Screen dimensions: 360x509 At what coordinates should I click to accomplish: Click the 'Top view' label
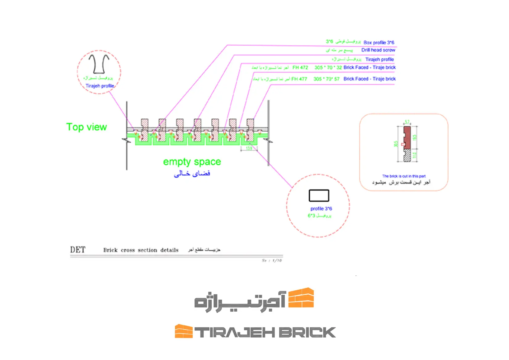86,127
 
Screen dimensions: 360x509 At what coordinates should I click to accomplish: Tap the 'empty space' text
192,162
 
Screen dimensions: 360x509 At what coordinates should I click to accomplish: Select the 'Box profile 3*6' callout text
379,43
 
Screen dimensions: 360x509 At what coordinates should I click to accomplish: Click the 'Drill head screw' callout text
378,50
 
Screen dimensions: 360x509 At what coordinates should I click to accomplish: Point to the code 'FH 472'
300,67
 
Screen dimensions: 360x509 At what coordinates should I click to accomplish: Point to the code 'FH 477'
299,79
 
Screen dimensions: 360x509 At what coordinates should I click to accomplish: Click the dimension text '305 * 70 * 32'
328,67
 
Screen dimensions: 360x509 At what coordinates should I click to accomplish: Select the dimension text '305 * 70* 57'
326,79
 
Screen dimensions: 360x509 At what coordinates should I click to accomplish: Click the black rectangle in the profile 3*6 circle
319,196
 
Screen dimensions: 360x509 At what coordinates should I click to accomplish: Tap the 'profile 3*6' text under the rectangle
321,209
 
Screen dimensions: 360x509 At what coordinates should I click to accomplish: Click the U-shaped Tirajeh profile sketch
99,64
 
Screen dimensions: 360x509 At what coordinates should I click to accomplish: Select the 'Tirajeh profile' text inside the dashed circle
100,86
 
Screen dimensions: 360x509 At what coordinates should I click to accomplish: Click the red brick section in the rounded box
407,137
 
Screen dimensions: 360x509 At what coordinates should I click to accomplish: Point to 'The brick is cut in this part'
404,176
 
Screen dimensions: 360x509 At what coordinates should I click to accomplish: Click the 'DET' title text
78,250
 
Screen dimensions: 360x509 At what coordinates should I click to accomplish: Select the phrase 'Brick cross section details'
141,250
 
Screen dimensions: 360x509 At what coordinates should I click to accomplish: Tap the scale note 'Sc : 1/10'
272,261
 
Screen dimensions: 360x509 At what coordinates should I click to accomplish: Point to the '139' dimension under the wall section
249,148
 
